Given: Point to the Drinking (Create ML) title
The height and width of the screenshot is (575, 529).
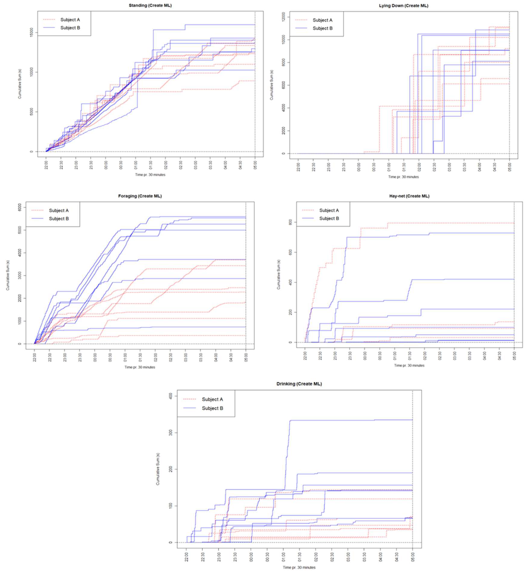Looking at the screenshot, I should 299,384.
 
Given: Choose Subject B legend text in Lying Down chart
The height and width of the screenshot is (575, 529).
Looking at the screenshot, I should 322,28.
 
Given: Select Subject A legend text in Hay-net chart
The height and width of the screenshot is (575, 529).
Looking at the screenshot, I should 329,210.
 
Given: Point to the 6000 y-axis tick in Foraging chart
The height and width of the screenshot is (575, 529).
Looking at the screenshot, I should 20,207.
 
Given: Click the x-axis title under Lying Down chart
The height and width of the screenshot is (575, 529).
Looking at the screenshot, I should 403,177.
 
